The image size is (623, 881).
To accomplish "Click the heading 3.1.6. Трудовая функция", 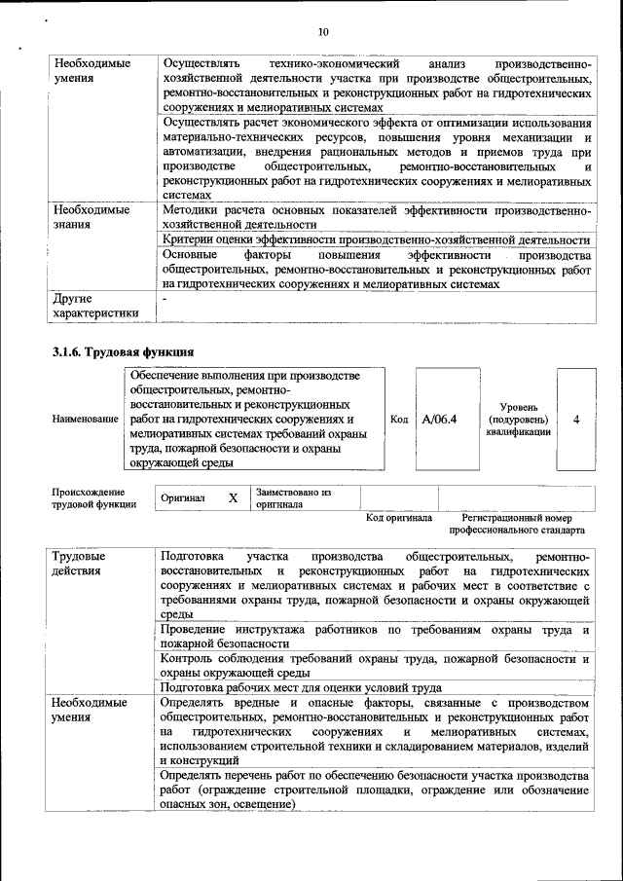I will (x=123, y=350).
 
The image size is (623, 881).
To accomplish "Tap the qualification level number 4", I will (x=576, y=420).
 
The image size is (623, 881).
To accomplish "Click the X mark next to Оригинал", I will (x=233, y=497).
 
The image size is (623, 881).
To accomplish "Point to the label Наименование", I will (x=85, y=419).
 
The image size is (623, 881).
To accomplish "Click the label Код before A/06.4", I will (x=398, y=420).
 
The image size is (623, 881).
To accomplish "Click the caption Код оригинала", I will (x=399, y=519).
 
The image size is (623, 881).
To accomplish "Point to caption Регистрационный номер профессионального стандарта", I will (x=517, y=525).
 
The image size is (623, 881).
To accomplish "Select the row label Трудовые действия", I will (x=80, y=563).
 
